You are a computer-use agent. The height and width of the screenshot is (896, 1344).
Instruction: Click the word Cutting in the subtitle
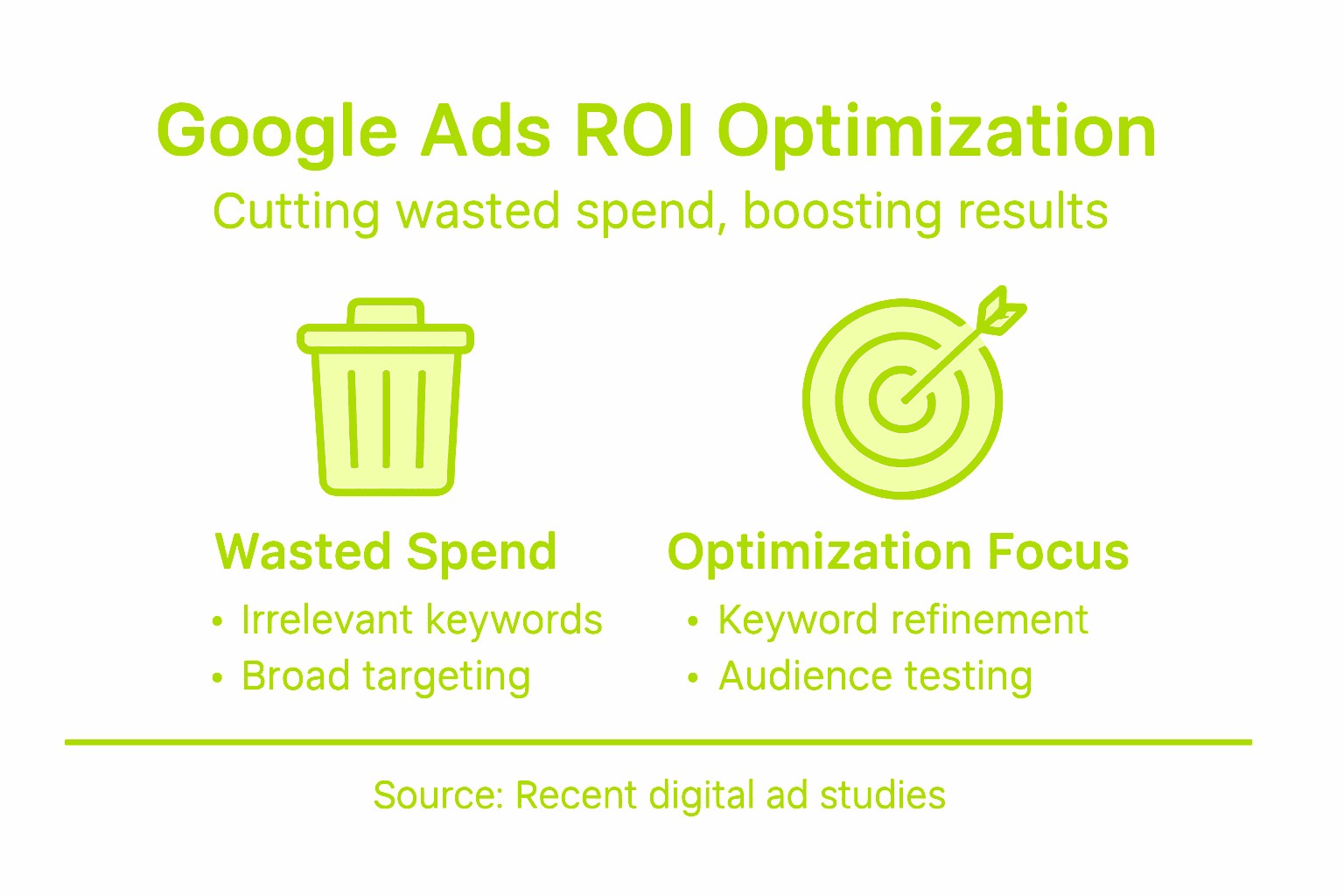(x=297, y=213)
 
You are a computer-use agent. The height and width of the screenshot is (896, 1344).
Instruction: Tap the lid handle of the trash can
(x=386, y=311)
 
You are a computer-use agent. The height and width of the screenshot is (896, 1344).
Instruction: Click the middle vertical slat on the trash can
(x=386, y=418)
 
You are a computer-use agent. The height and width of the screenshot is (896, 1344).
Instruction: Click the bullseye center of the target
(x=902, y=401)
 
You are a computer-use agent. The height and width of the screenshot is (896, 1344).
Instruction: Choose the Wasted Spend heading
(x=386, y=552)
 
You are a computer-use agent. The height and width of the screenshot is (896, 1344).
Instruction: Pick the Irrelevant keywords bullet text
(x=422, y=620)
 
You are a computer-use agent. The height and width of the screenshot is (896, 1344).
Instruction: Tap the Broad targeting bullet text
(x=386, y=676)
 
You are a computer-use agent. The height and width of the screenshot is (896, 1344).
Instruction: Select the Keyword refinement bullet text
(x=903, y=620)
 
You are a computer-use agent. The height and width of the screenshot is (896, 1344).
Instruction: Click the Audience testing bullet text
(x=875, y=676)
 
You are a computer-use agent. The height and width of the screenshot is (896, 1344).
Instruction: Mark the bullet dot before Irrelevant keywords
(x=218, y=622)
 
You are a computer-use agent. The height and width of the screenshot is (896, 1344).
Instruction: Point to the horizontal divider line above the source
(x=658, y=742)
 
